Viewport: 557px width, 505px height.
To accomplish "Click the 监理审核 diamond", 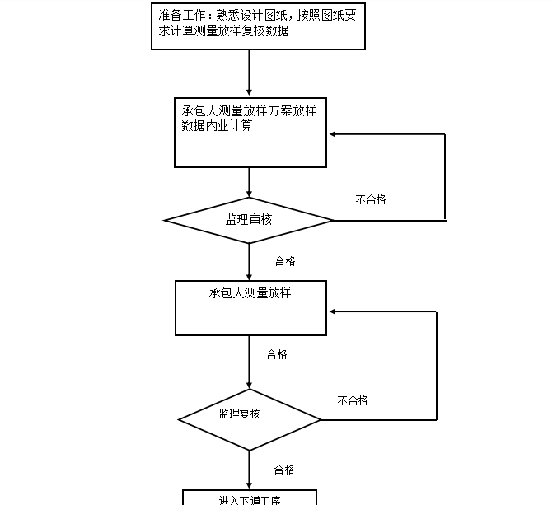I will coord(249,220).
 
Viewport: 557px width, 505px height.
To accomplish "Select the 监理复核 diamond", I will coord(249,420).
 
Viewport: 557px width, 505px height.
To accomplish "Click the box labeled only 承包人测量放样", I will coord(250,307).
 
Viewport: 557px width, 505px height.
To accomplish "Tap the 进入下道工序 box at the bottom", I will coord(249,498).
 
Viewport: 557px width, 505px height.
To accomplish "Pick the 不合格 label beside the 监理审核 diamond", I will coord(370,199).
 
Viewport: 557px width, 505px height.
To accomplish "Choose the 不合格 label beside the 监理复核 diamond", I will coord(353,400).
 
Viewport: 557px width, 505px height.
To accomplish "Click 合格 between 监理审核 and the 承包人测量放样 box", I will coord(284,261).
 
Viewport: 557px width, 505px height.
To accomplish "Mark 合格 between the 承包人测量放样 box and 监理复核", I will coord(277,354).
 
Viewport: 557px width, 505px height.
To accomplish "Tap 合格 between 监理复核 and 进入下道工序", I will coord(284,470).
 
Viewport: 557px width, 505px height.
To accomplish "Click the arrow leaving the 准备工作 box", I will coord(249,70).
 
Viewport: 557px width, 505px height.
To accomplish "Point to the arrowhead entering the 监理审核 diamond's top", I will coord(249,194).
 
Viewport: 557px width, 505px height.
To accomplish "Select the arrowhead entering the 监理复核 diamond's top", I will coord(249,385).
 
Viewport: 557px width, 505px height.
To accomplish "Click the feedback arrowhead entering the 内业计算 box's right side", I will coord(333,134).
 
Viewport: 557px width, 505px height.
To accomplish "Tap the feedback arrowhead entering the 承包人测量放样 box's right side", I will coord(333,311).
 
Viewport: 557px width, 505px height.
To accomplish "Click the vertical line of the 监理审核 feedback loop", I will coord(445,177).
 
